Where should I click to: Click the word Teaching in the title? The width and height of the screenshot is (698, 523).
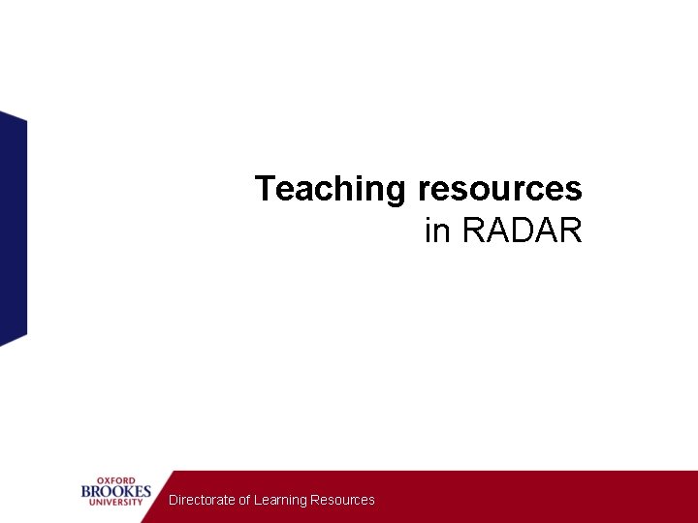click(x=332, y=189)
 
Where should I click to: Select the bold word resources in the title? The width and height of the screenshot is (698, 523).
click(x=499, y=188)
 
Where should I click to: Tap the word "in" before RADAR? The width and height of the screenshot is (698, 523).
click(x=438, y=231)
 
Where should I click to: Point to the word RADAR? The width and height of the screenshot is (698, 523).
click(x=522, y=231)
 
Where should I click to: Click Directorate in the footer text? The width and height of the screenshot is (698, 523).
click(x=202, y=500)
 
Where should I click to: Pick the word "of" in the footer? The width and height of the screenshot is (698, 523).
click(x=245, y=500)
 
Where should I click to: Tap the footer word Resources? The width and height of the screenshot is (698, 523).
click(x=342, y=500)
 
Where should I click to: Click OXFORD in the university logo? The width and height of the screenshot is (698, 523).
click(x=115, y=480)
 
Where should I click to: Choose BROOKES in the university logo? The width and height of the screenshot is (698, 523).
click(x=116, y=491)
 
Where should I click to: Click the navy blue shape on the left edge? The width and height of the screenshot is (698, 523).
click(x=13, y=228)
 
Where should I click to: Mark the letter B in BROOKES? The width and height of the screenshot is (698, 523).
click(x=86, y=491)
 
